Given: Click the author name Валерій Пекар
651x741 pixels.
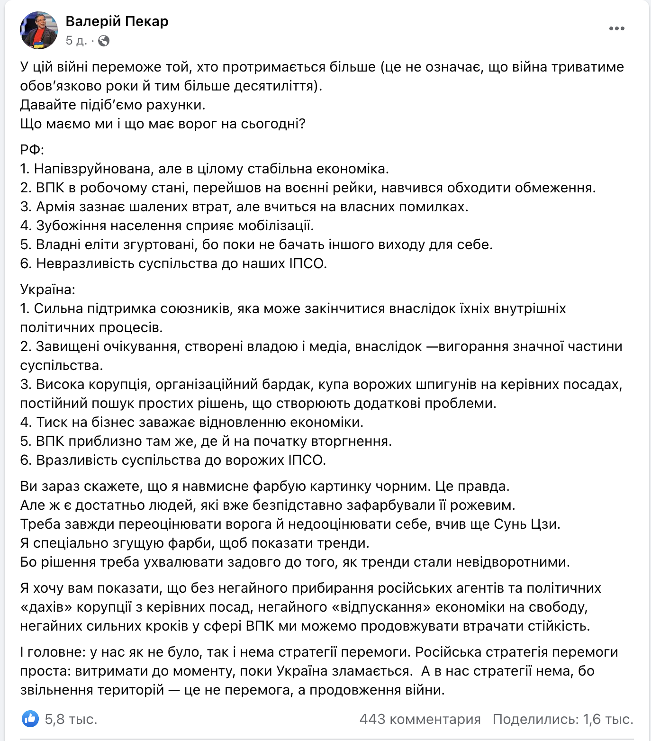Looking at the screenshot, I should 117,21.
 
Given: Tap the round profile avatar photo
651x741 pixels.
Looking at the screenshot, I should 38,30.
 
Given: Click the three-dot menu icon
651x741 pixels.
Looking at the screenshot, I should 616,29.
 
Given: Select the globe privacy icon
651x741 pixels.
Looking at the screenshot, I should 104,41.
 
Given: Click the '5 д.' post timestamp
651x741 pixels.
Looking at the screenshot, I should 76,41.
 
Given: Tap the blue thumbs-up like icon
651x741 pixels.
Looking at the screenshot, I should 30,719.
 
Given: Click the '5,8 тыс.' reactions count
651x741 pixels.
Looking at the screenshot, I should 71,719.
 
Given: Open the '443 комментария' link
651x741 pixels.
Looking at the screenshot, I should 420,719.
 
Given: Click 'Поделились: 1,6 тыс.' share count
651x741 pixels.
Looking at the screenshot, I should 563,719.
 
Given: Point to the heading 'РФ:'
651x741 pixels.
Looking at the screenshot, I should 32,150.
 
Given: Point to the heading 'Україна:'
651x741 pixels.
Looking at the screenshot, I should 47,289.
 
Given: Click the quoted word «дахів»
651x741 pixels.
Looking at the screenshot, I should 47,607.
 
